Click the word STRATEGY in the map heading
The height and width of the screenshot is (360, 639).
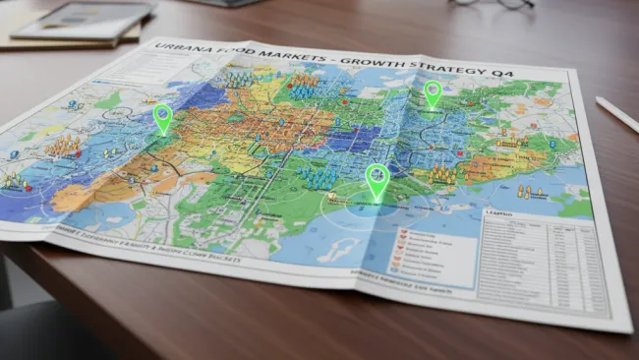[x=443, y=68]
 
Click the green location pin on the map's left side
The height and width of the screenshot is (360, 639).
[x=163, y=118]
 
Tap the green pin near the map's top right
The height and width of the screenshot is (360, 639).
[x=433, y=92]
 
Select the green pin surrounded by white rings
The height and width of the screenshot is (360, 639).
[x=378, y=181]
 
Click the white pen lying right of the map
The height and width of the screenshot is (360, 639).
[x=616, y=114]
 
